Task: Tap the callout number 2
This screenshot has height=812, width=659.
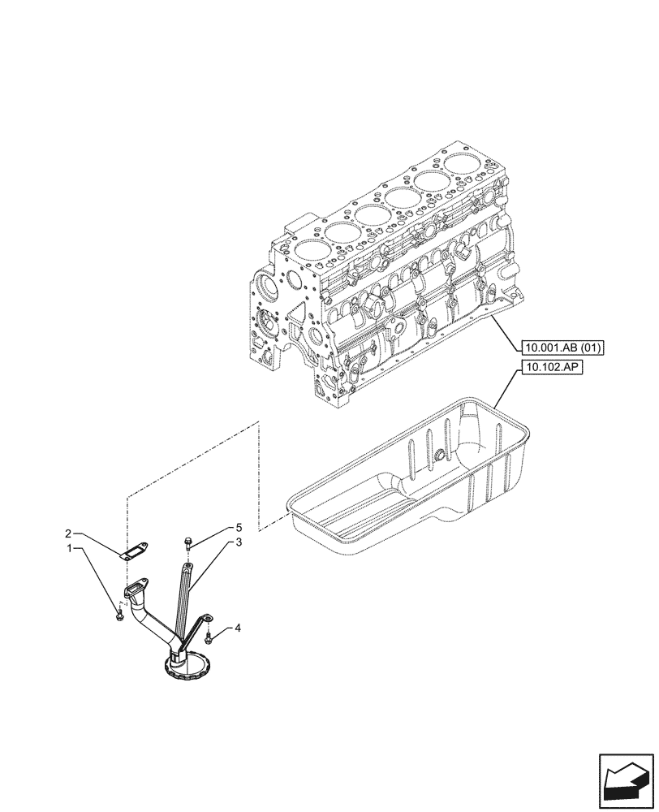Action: click(x=69, y=533)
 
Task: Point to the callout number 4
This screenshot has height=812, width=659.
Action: click(x=239, y=628)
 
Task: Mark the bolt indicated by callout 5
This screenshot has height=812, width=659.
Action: click(x=188, y=542)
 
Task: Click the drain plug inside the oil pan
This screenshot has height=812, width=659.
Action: click(x=439, y=456)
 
